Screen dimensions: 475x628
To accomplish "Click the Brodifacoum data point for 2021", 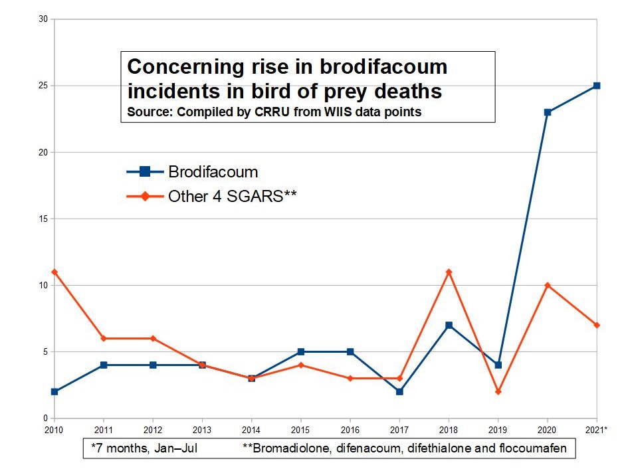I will click(x=597, y=86).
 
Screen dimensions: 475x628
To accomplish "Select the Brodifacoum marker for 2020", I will click(x=548, y=112).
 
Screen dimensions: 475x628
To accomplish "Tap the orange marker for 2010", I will click(x=54, y=272).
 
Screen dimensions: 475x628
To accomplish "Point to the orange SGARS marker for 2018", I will click(x=449, y=272).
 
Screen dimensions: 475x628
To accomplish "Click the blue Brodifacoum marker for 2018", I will click(x=449, y=325).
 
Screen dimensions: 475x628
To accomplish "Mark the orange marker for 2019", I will click(x=498, y=391).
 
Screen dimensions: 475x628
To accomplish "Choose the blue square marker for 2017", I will click(x=399, y=391).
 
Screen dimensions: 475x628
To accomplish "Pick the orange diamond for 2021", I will click(x=597, y=325).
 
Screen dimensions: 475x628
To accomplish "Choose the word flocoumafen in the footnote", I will click(x=532, y=448).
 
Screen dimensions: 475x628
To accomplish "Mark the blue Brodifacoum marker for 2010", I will click(x=54, y=391).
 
